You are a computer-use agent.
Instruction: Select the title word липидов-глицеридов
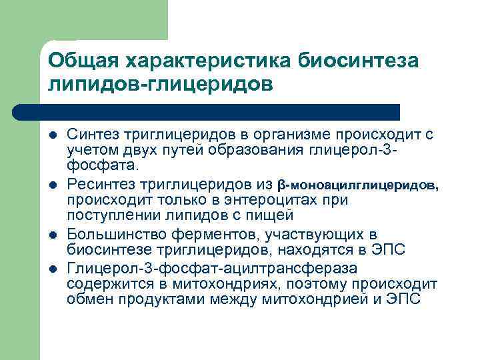coord(160,85)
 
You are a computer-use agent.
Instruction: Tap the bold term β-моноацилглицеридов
coord(358,185)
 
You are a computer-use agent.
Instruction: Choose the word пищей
coord(273,215)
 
